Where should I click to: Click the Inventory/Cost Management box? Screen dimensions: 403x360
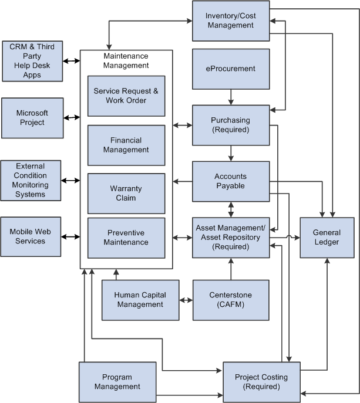tap(231, 21)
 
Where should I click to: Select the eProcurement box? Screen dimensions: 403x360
tap(231, 69)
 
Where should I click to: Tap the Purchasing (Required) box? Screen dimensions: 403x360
tap(231, 125)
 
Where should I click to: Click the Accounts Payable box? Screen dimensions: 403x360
tap(231, 181)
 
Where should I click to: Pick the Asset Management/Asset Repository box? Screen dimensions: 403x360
tap(231, 237)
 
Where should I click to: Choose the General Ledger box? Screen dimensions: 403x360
tap(327, 237)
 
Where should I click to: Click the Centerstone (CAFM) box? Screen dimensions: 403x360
tap(231, 300)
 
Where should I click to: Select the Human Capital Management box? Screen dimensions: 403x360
tap(140, 300)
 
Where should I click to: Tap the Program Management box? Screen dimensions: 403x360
tap(117, 382)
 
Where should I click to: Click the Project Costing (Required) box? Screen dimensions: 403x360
tap(261, 382)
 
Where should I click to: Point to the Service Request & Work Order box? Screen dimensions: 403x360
tap(126, 96)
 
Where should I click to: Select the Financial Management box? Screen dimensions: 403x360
tap(126, 145)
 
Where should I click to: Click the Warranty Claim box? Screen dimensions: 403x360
tap(126, 194)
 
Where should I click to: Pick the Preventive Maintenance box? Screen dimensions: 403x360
tap(126, 238)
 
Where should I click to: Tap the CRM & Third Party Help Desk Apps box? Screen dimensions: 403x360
tap(32, 61)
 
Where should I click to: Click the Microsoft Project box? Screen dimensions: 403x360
tap(32, 118)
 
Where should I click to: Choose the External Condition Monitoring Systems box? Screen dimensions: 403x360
tap(31, 180)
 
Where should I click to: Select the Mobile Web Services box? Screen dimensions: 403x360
tap(31, 236)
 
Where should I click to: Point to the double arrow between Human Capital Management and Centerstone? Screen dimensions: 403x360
tap(186, 300)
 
